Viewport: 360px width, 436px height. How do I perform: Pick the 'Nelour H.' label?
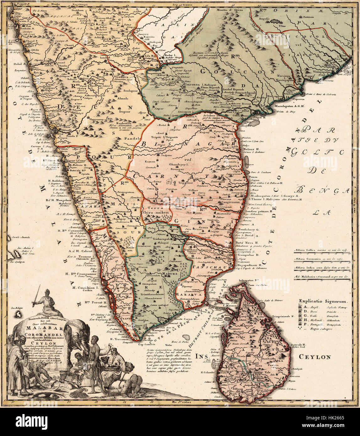click(x=251, y=149)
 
